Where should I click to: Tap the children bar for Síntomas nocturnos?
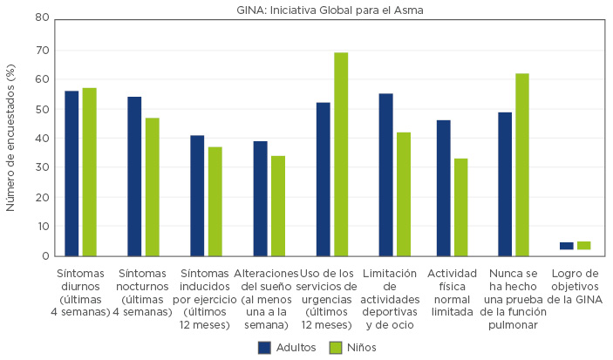pyautogui.click(x=153, y=187)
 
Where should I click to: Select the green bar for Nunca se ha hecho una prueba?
pyautogui.click(x=521, y=164)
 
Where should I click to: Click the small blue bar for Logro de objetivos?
pyautogui.click(x=567, y=246)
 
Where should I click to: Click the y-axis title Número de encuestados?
pyautogui.click(x=10, y=137)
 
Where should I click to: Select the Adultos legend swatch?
pyautogui.click(x=265, y=347)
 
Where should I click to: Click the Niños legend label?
pyautogui.click(x=360, y=347)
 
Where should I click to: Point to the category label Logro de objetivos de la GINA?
pyautogui.click(x=577, y=285)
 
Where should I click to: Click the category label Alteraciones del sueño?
pyautogui.click(x=268, y=298)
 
